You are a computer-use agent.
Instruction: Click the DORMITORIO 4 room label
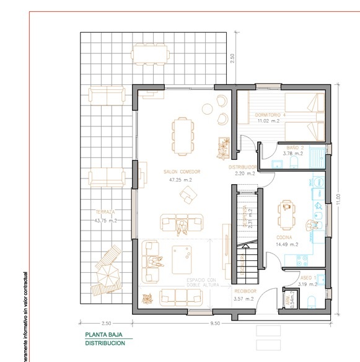point(270,115)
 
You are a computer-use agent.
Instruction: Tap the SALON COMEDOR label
point(181,172)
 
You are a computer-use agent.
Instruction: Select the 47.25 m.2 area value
point(181,180)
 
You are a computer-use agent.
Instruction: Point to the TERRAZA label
point(105,212)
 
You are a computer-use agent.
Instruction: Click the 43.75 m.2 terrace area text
point(105,220)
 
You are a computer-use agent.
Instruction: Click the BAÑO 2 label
point(294,148)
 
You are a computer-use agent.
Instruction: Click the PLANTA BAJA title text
point(103,335)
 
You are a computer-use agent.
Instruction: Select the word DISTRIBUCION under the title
point(105,343)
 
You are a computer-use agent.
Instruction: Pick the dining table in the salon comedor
point(182,135)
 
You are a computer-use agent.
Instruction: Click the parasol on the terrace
point(105,271)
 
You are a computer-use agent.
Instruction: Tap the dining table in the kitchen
point(286,214)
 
